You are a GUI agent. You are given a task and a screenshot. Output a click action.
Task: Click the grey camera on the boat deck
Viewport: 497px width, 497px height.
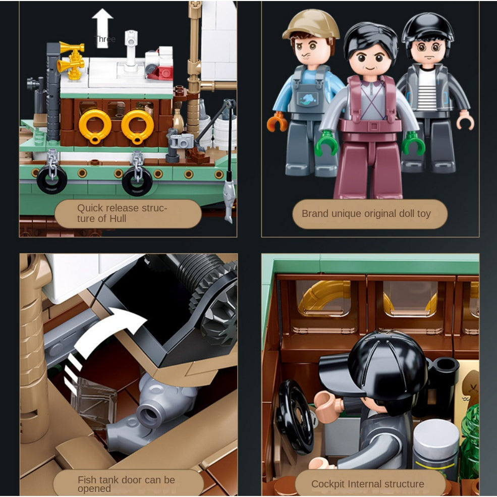coord(181,140)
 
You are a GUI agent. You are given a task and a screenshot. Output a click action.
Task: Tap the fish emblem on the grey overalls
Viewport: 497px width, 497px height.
coord(307,99)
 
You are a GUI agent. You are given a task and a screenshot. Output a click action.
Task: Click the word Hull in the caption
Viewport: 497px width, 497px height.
coord(118,218)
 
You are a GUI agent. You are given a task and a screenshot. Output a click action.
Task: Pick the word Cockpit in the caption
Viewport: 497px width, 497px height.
coord(328,484)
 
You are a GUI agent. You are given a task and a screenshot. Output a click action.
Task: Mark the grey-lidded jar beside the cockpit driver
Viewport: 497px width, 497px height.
coord(436,444)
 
